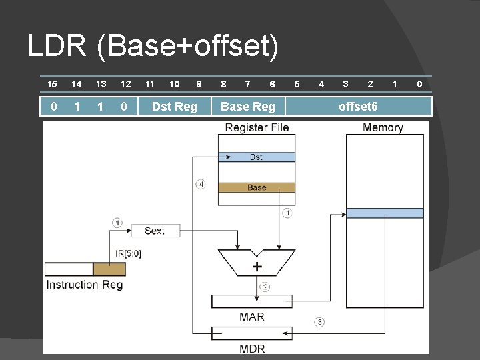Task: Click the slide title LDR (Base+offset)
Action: [153, 47]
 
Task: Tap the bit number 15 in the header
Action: [52, 84]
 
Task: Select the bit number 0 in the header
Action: [419, 84]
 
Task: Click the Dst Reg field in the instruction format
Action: [175, 107]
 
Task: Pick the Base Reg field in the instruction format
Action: [247, 107]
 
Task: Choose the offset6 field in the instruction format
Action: [358, 107]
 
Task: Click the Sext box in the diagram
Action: [154, 231]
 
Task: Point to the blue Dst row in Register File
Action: [256, 157]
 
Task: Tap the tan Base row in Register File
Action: [256, 187]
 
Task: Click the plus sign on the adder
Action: [257, 267]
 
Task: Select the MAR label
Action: [251, 317]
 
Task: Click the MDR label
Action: [251, 348]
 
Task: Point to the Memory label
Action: [383, 127]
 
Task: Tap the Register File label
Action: [257, 127]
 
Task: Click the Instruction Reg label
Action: [84, 285]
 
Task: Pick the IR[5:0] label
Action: [129, 253]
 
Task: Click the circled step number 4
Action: [201, 184]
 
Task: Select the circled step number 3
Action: [319, 322]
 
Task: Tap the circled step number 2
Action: [265, 287]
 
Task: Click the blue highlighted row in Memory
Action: [385, 213]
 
